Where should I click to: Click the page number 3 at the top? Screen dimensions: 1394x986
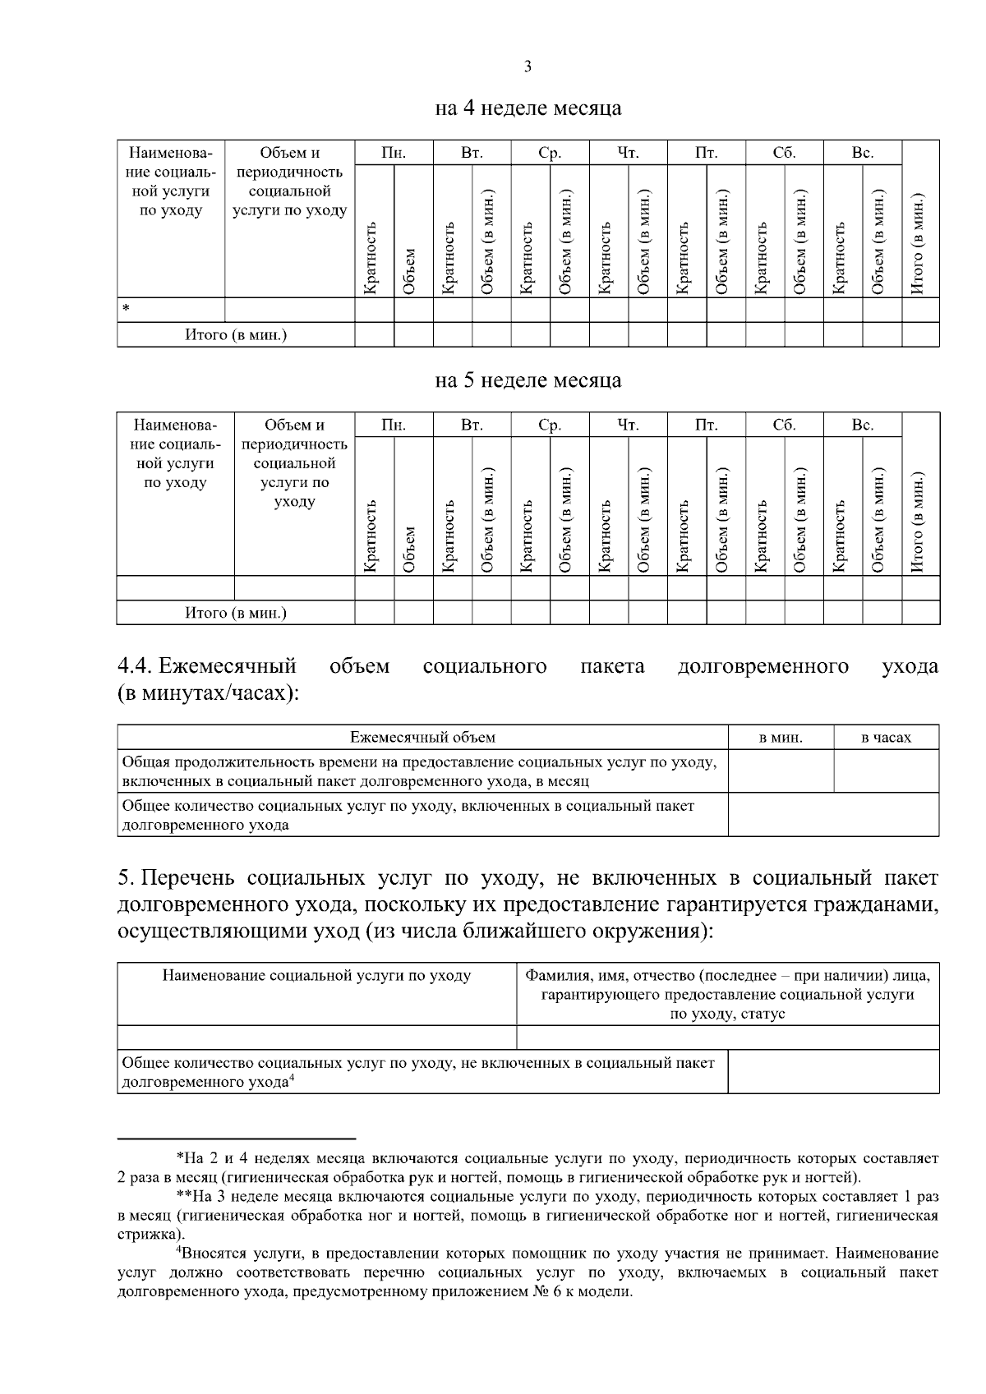tap(527, 67)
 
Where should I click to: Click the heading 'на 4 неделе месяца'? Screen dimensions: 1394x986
tap(528, 108)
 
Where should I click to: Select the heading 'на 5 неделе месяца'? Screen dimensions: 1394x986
tap(528, 381)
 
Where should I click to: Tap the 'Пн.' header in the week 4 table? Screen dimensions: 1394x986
tap(394, 153)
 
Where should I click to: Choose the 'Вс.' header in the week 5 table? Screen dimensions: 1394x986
tap(862, 426)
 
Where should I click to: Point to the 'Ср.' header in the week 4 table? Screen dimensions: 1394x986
tap(550, 153)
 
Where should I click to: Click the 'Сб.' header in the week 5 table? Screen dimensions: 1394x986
tap(784, 426)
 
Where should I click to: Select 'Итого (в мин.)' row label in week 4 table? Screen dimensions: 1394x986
tap(236, 335)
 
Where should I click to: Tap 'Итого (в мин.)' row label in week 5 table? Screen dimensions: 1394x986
tap(236, 613)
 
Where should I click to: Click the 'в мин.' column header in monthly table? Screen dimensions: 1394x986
tap(781, 738)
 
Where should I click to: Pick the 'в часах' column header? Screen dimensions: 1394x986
tap(886, 738)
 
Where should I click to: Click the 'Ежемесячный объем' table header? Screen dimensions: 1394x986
tap(422, 738)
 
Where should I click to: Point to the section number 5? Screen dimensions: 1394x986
tap(126, 878)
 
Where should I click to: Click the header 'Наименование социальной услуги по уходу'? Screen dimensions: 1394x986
tap(316, 976)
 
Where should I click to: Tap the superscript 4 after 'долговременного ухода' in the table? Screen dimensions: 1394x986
tap(292, 1079)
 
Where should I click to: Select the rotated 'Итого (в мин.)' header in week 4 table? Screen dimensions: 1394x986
tap(919, 244)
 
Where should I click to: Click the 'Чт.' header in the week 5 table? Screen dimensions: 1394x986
tap(628, 426)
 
